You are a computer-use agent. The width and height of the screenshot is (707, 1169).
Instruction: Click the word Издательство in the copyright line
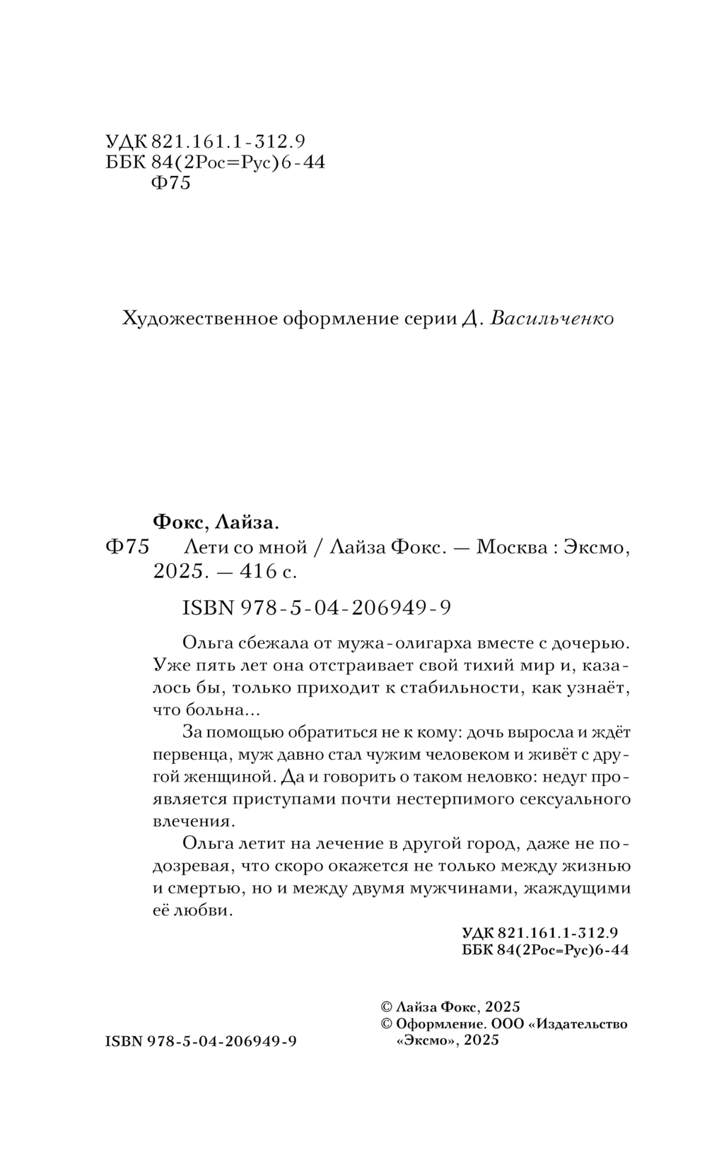(583, 1024)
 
